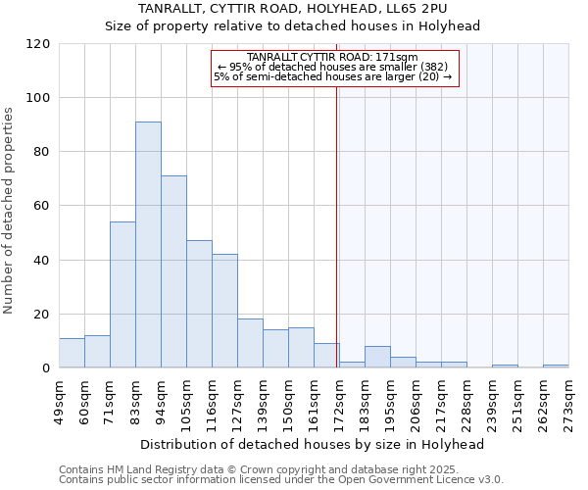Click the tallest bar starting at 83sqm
click(148, 245)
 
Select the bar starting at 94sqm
click(173, 271)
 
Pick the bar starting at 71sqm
click(122, 294)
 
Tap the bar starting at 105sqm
click(199, 304)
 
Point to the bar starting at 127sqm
click(250, 343)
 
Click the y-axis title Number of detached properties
click(10, 211)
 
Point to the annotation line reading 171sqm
click(333, 58)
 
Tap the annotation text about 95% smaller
click(333, 67)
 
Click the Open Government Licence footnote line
click(281, 480)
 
